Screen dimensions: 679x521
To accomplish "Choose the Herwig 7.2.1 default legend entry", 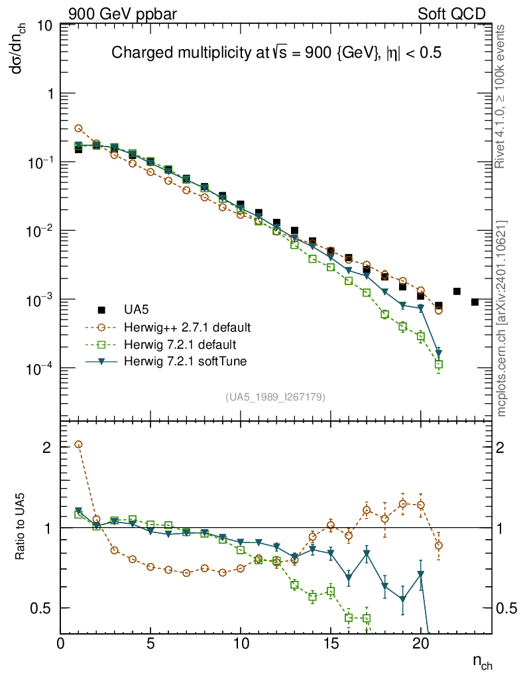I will (x=180, y=345).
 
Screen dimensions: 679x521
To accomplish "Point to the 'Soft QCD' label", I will (x=451, y=13).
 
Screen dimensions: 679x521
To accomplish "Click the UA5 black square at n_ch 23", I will (x=475, y=302).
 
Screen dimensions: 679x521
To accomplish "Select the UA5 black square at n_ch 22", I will (x=457, y=291).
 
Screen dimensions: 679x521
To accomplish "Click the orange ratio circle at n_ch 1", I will (x=78, y=444).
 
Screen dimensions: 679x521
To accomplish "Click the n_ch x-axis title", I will (x=482, y=662).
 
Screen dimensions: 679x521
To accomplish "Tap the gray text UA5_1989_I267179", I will (x=275, y=397).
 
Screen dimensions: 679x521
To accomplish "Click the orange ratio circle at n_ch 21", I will (x=438, y=545).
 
